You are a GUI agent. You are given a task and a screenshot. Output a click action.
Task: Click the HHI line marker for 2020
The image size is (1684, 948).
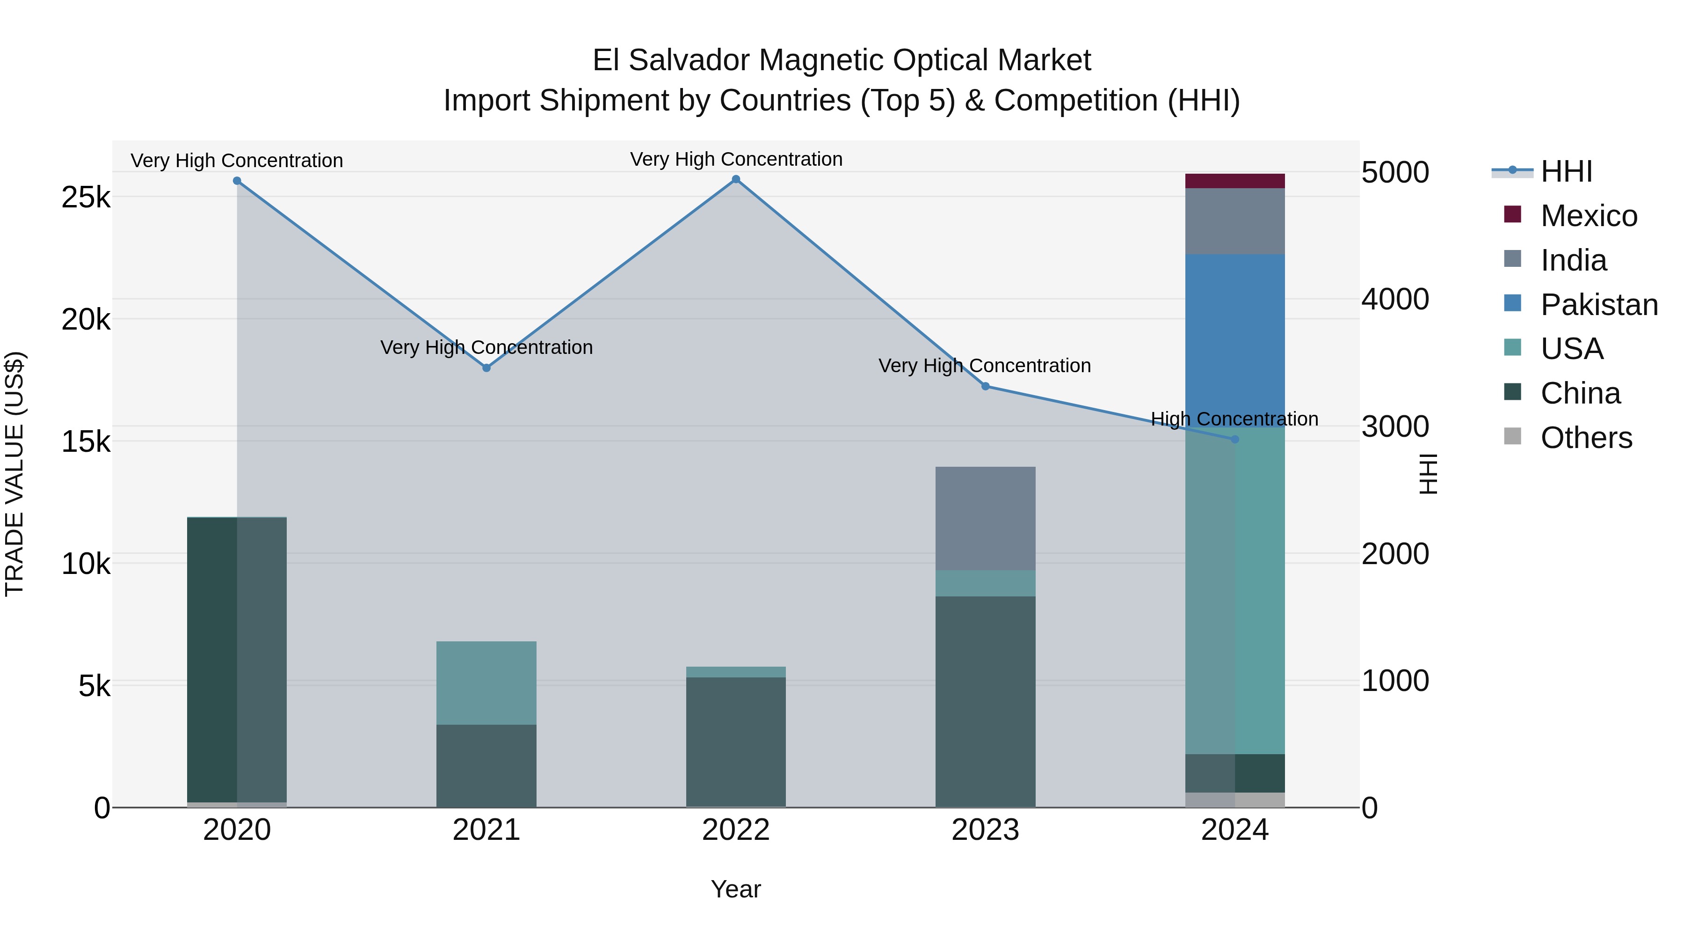[237, 181]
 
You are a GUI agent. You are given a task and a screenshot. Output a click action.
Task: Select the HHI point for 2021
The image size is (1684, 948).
[486, 367]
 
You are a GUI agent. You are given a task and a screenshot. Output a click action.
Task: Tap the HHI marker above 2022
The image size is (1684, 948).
[736, 179]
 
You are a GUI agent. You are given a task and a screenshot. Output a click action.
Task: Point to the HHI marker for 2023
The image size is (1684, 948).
[986, 386]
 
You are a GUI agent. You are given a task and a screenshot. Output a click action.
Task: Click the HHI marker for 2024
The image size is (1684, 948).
[1235, 440]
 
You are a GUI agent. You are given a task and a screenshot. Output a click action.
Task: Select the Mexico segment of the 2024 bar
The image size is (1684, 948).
[1235, 181]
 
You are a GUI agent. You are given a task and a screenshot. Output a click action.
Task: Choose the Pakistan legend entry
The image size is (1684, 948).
[1598, 305]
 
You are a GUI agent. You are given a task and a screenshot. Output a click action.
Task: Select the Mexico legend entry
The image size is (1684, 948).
[1589, 216]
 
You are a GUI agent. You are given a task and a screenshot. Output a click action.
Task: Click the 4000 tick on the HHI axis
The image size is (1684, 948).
[1395, 300]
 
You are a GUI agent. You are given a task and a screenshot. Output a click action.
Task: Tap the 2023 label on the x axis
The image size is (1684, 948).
[985, 830]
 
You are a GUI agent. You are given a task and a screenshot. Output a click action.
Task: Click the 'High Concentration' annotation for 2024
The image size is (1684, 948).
[1234, 419]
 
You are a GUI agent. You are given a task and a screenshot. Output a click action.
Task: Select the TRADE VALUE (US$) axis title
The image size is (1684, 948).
[15, 474]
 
